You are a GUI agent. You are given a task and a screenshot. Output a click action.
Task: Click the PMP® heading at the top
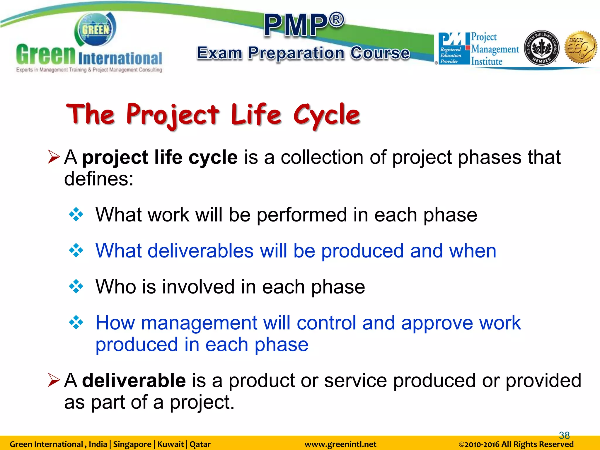coord(304,25)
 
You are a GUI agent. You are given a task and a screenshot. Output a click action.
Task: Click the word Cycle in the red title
coord(327,115)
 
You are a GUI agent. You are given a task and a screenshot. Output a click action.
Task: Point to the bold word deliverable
coord(134,381)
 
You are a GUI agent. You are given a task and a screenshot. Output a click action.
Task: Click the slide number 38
coord(564,435)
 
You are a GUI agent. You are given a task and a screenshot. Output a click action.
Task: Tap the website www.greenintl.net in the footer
coord(340,444)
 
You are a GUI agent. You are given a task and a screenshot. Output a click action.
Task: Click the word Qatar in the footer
coord(200,444)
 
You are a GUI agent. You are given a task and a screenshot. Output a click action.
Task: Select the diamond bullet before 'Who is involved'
coord(76,286)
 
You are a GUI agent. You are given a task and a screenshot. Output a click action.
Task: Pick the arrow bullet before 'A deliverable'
coord(54,380)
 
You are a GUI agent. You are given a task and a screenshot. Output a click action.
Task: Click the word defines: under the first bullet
coord(99,179)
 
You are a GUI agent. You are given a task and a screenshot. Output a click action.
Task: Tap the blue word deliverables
coord(200,251)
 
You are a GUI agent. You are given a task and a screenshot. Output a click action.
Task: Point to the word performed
coord(302,215)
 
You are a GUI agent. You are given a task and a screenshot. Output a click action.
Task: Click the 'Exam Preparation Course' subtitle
coord(304,53)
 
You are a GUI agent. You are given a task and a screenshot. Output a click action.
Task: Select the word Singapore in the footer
coord(132,444)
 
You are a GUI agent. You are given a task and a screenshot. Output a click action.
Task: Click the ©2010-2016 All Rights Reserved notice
coord(516,444)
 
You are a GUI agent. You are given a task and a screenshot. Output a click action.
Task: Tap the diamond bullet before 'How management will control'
coord(76,322)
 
